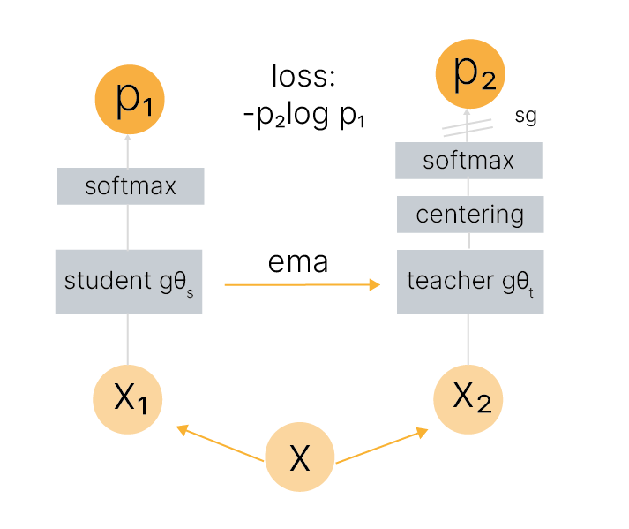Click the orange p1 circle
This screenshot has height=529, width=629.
click(128, 101)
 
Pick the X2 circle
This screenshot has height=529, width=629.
click(468, 399)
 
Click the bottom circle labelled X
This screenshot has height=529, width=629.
click(300, 457)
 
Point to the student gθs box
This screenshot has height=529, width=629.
click(129, 281)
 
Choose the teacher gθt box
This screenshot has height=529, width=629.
click(470, 281)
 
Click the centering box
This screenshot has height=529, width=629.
click(470, 214)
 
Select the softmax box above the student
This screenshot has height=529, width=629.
click(131, 186)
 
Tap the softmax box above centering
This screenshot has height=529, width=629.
click(468, 161)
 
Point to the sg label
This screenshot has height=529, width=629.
click(525, 116)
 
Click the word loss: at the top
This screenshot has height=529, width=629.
click(303, 77)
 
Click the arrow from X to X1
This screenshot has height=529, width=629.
click(221, 444)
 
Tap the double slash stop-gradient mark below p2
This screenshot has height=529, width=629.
click(467, 129)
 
